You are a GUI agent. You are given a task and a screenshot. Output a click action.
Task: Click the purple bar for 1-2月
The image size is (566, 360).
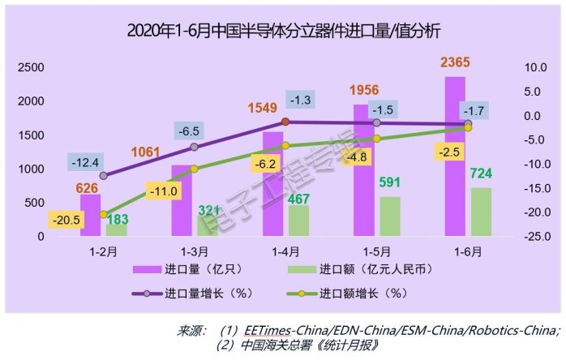pyautogui.click(x=91, y=215)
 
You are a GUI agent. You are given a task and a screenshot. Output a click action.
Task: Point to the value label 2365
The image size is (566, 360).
pyautogui.click(x=455, y=62)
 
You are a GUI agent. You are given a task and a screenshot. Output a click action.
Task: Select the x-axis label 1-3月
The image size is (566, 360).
pyautogui.click(x=194, y=252)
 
